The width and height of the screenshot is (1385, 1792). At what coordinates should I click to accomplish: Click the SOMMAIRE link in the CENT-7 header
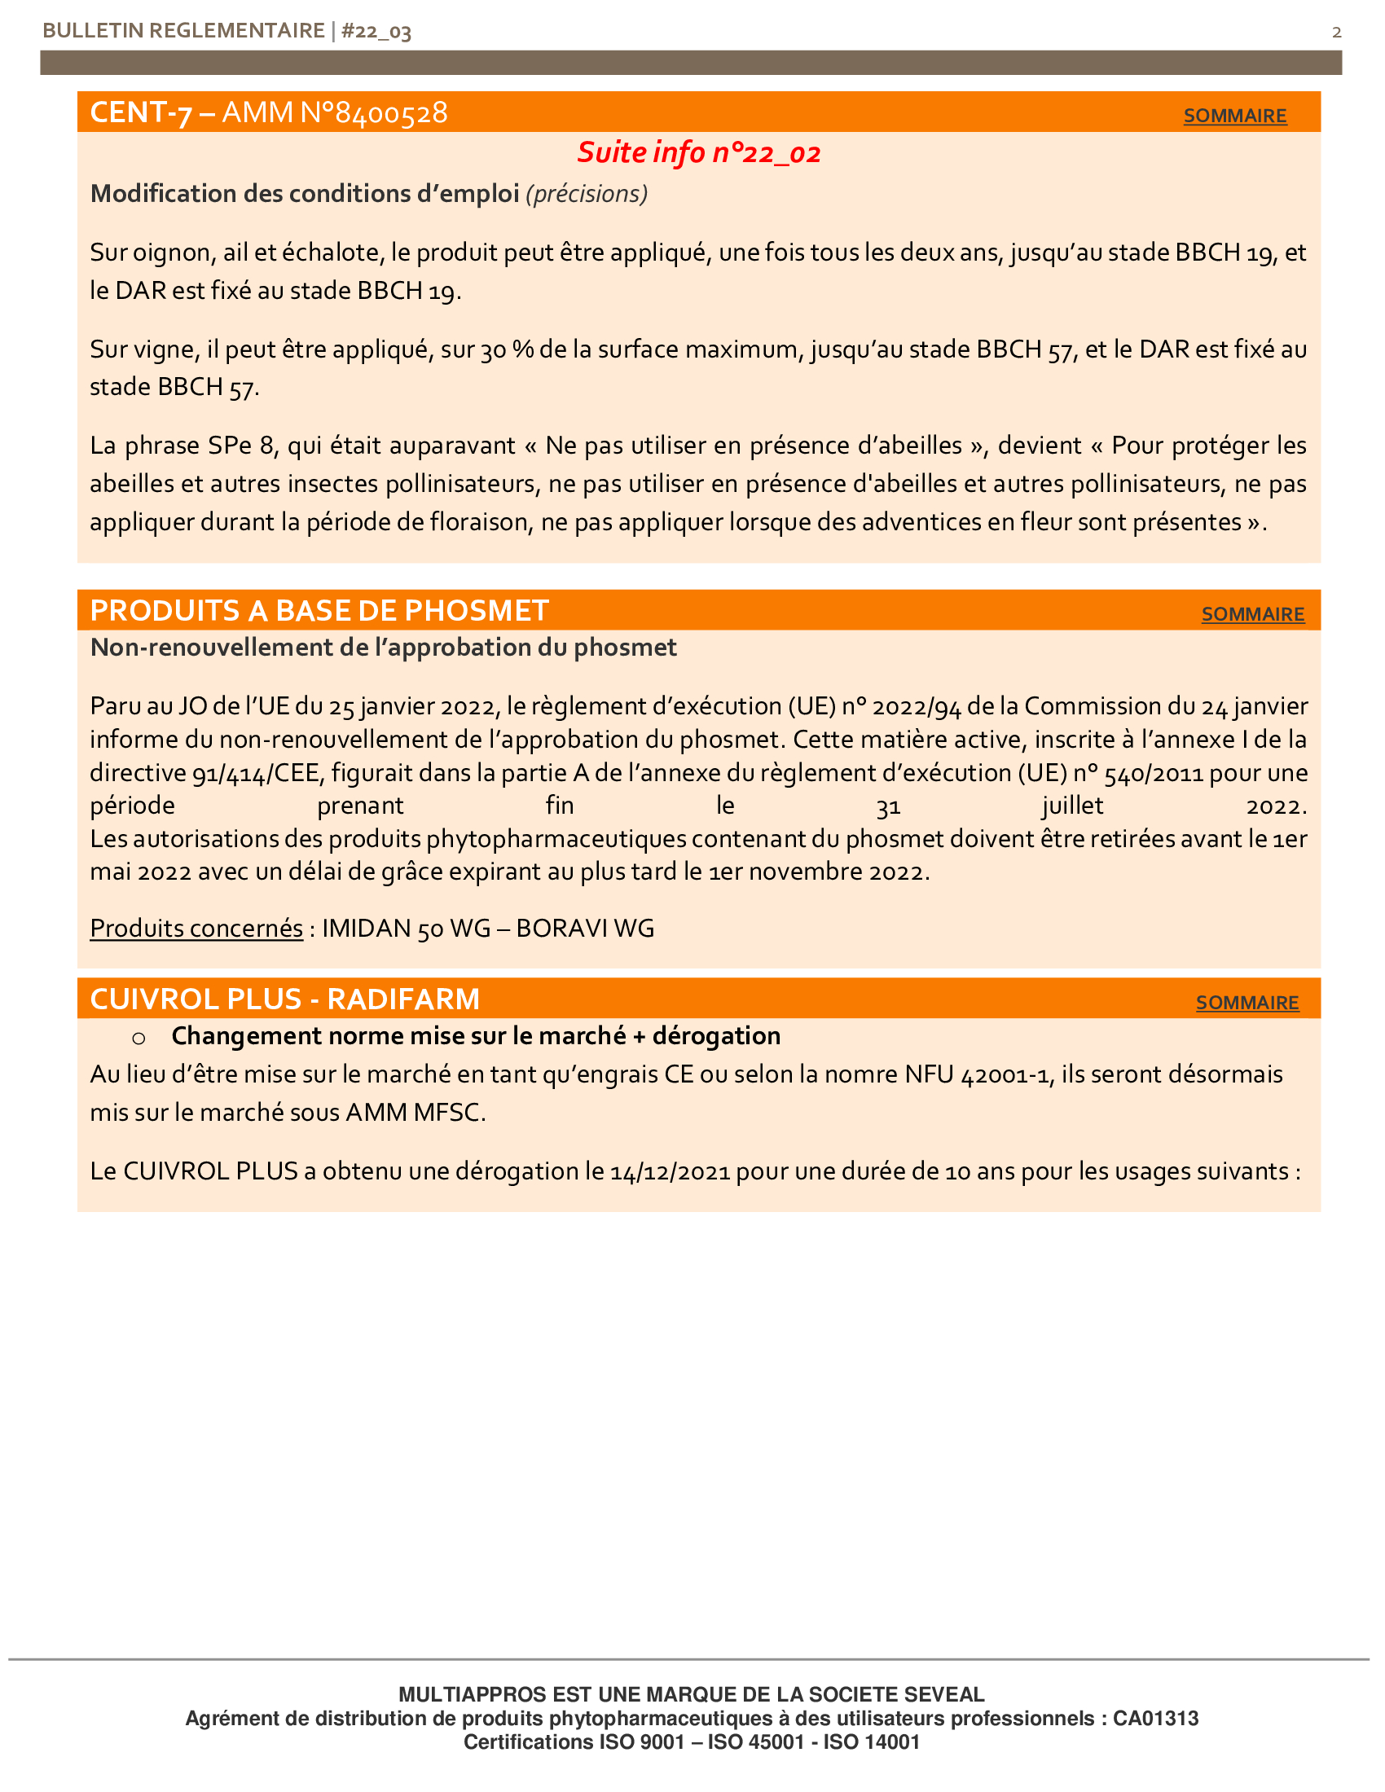1234,116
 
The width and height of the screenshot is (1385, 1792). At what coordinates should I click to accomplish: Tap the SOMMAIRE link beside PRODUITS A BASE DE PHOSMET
1252,613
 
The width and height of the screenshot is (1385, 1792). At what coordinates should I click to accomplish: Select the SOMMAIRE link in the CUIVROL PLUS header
1246,1002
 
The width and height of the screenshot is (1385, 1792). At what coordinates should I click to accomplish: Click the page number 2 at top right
1337,32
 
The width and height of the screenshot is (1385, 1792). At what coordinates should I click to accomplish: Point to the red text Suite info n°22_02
698,152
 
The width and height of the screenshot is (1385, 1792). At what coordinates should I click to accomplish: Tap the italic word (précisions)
587,194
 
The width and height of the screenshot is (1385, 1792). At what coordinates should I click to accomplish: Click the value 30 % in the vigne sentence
506,349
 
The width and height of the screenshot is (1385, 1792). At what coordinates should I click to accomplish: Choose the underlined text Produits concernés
196,928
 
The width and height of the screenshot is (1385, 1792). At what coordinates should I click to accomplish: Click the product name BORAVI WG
585,928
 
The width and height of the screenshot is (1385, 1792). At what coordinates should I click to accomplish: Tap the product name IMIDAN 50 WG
407,928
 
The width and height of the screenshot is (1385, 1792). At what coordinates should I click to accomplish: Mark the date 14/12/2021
671,1171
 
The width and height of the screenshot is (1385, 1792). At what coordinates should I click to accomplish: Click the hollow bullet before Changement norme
138,1038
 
